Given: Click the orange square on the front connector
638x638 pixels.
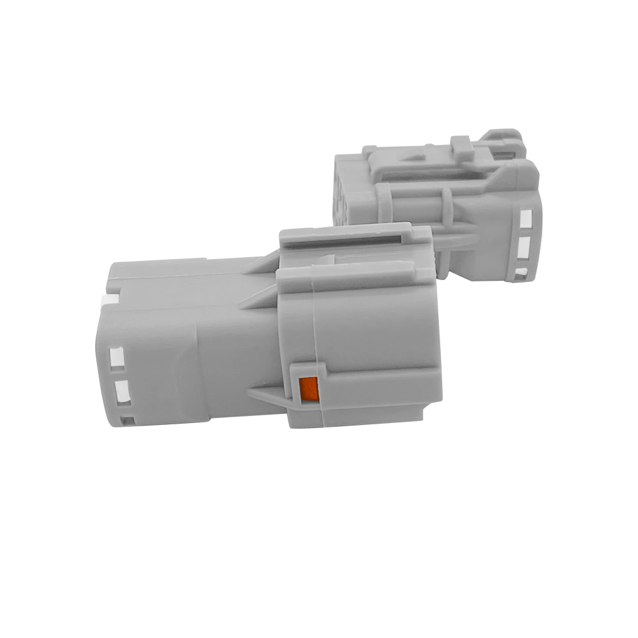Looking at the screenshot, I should click(x=309, y=389).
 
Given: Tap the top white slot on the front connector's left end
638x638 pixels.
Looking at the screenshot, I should click(x=117, y=357).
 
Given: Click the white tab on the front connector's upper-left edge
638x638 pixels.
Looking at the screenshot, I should click(x=109, y=299).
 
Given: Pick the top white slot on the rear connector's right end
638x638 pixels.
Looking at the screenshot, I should click(x=525, y=219).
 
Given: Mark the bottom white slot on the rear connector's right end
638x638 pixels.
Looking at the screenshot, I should click(x=521, y=272).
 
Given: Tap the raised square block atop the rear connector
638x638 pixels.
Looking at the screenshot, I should click(x=462, y=148).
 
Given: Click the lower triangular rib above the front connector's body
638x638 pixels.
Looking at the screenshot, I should click(x=258, y=299).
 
